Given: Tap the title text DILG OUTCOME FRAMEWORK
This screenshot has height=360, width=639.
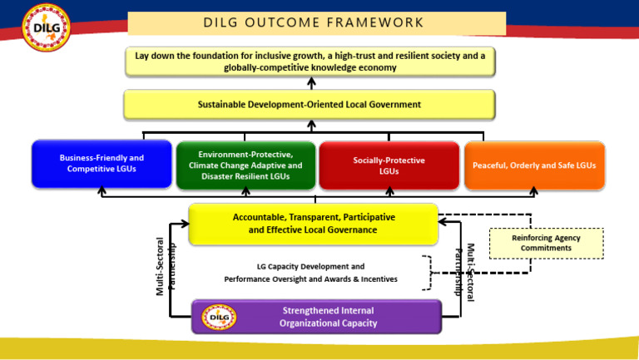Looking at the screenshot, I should (x=314, y=22).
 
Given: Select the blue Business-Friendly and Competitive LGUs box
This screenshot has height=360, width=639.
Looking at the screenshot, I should (x=102, y=164).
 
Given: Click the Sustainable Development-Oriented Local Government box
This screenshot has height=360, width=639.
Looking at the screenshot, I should (x=309, y=105).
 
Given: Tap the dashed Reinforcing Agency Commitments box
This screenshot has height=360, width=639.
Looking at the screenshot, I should (x=546, y=243).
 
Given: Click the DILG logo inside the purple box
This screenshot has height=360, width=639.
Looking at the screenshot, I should (x=219, y=317).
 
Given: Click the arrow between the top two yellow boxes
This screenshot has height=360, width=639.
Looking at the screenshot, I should (x=311, y=82).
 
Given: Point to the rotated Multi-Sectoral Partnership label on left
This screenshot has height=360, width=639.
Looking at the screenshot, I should (x=166, y=267).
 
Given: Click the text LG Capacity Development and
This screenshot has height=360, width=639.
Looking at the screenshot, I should (x=310, y=267).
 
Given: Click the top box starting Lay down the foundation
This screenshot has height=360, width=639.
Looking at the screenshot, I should (x=310, y=61).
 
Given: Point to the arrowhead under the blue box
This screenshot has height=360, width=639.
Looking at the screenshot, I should (x=102, y=192).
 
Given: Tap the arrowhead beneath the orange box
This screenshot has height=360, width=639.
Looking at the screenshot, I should (x=534, y=192).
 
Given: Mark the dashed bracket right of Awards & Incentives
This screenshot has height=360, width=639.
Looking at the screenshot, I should (x=428, y=273).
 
